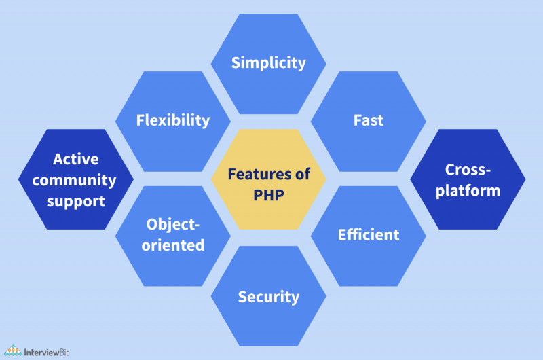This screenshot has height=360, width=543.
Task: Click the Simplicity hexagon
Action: (x=268, y=63)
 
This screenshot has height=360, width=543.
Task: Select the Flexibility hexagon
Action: (x=172, y=121)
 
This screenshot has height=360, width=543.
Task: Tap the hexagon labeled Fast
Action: (x=369, y=121)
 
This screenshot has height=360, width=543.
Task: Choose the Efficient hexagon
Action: (x=369, y=235)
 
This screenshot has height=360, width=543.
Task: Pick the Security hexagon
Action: (x=268, y=297)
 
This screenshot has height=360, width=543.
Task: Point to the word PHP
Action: (x=268, y=194)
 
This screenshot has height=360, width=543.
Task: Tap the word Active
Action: (x=76, y=159)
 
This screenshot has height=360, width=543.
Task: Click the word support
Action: (x=75, y=201)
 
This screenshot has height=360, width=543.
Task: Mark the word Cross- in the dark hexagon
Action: (x=468, y=169)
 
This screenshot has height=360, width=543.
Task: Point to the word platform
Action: (x=468, y=190)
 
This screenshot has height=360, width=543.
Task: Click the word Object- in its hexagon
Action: (x=174, y=224)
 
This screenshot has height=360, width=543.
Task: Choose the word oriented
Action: (x=174, y=245)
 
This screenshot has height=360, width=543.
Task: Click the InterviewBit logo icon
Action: (x=12, y=351)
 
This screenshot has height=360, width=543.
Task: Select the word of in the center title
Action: (x=303, y=175)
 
